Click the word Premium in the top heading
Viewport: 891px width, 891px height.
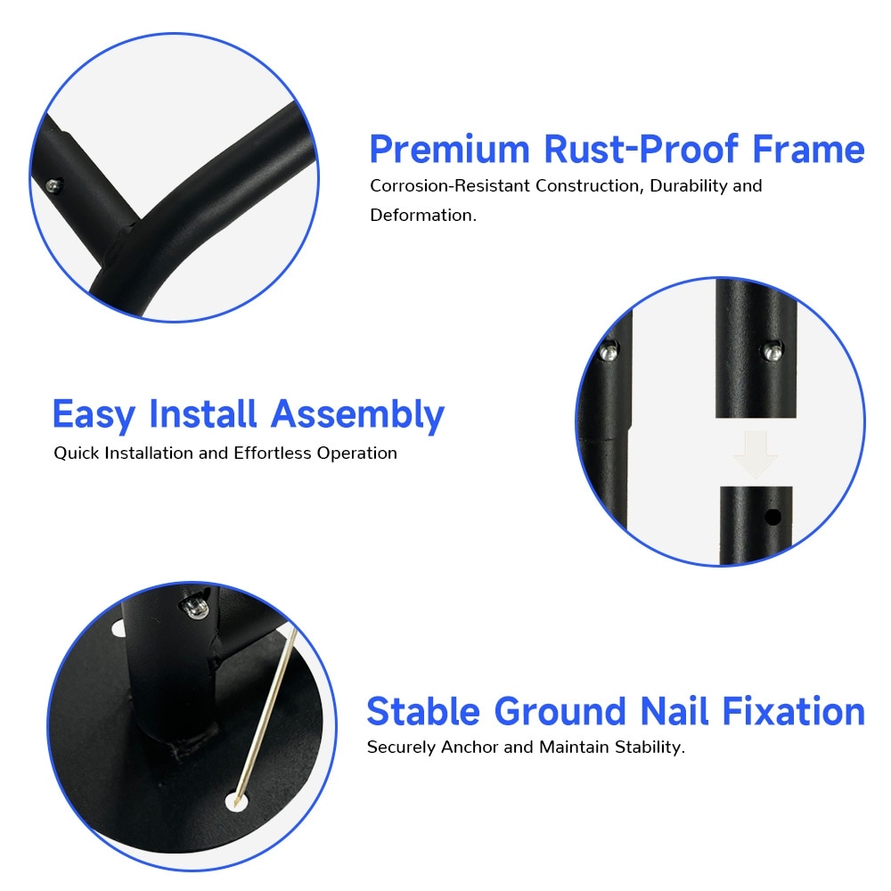tap(449, 150)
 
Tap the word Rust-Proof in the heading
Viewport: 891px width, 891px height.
tap(642, 150)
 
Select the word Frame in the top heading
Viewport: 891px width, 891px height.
tap(809, 150)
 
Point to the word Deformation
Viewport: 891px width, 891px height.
tap(423, 216)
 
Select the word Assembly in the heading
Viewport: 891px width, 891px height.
tap(357, 415)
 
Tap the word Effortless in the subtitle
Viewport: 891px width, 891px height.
tap(272, 453)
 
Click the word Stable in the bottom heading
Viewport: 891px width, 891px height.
tap(423, 711)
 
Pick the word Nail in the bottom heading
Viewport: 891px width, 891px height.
tap(674, 711)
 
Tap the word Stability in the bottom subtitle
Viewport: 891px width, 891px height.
tap(650, 747)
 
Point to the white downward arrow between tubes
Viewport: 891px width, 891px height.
tap(756, 454)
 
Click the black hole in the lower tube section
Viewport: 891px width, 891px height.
tap(772, 517)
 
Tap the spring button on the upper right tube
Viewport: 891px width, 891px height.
tap(772, 352)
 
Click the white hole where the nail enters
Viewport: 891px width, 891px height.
tap(237, 801)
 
